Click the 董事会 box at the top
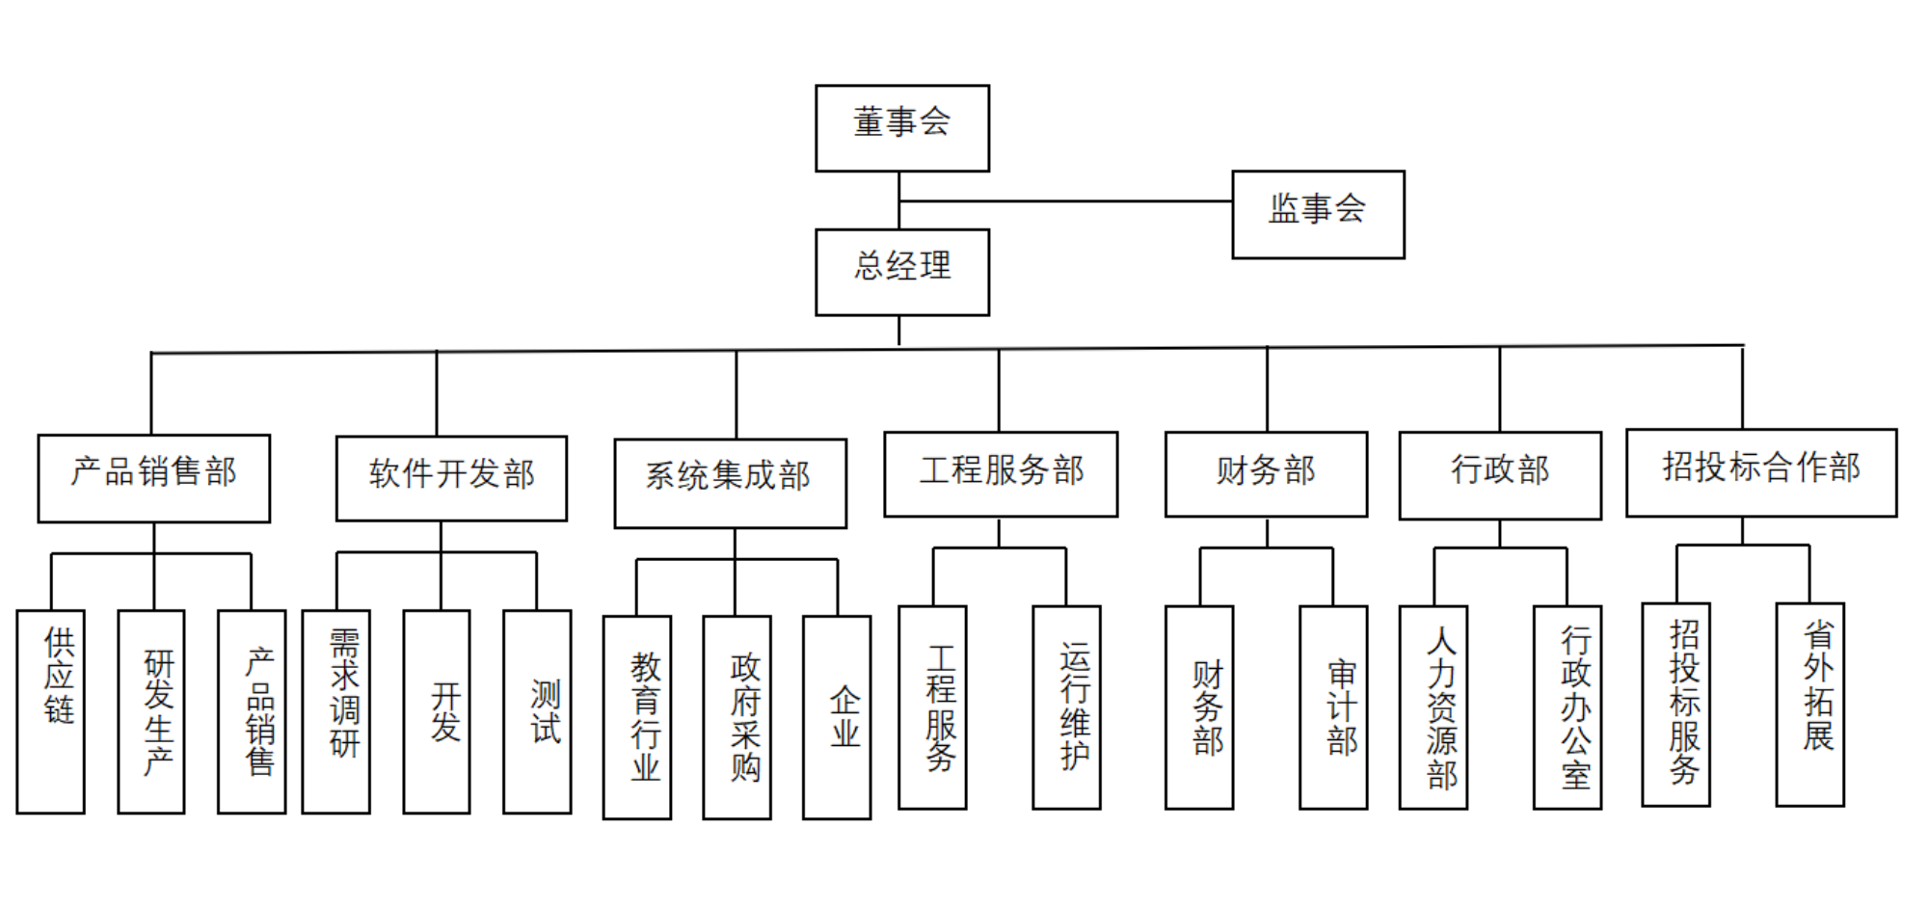902,128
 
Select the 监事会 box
1318,214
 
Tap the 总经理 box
902,272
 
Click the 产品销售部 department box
154,478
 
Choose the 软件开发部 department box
451,478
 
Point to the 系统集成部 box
730,483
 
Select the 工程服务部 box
1001,474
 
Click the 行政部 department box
1500,475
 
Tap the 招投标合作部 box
1761,472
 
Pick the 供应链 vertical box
51,711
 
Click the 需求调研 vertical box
336,711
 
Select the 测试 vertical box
537,711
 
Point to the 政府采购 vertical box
737,717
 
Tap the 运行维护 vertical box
1066,707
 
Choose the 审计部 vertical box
1333,707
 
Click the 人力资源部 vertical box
1433,707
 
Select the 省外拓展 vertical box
1810,705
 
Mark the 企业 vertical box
837,717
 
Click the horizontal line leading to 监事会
1065,201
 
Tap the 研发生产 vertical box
151,711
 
